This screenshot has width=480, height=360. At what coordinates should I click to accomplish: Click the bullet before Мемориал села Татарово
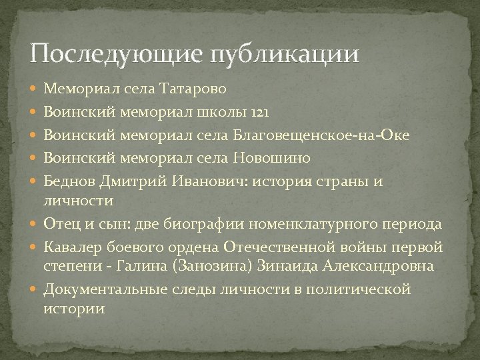[x=35, y=87]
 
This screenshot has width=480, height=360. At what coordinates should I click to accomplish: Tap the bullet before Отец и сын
[x=35, y=223]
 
